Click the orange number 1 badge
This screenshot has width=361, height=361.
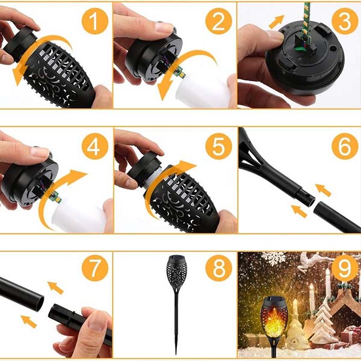(94, 23)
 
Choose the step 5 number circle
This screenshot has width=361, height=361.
(218, 146)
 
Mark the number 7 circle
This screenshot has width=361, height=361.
(94, 268)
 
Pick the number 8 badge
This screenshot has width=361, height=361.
(218, 268)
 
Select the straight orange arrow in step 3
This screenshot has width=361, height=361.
(277, 22)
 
